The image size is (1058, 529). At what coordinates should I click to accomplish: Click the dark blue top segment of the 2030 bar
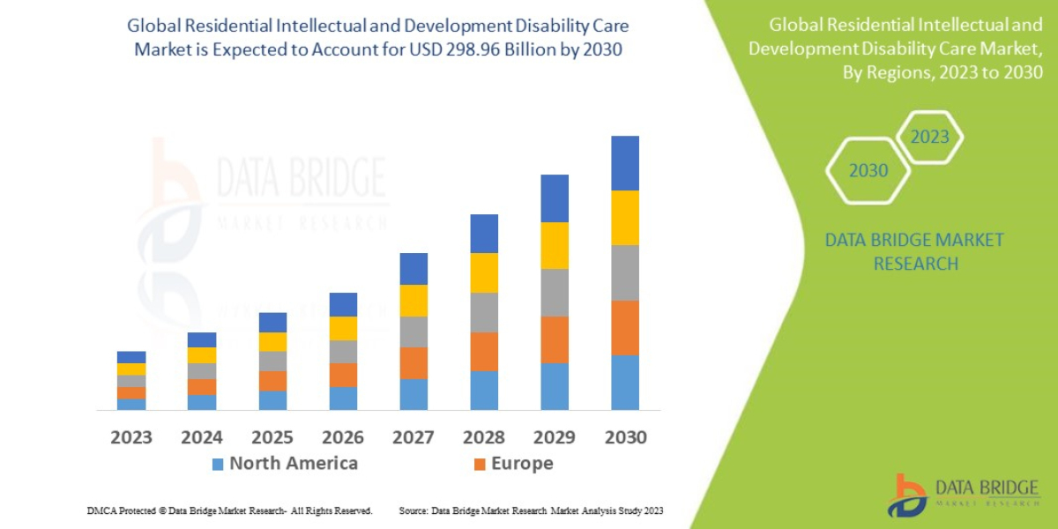[625, 163]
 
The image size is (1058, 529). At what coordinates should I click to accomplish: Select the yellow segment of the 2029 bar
[555, 245]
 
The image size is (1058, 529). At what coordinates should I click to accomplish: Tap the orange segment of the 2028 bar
[484, 351]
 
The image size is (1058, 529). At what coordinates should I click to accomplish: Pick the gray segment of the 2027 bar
[414, 332]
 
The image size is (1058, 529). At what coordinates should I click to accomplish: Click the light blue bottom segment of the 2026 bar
[343, 399]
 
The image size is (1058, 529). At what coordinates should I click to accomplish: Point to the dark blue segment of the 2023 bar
[131, 357]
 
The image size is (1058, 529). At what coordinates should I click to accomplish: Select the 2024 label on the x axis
[202, 437]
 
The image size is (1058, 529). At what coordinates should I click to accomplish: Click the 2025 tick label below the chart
[272, 437]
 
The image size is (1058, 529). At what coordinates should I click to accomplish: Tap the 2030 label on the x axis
[625, 437]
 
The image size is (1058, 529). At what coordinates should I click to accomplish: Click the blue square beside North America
[218, 464]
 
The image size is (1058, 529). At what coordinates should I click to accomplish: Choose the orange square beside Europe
[480, 464]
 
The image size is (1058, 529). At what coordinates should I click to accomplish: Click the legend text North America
[294, 464]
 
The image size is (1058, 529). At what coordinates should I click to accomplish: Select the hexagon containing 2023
[929, 137]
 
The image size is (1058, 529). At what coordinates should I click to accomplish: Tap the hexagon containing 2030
[868, 170]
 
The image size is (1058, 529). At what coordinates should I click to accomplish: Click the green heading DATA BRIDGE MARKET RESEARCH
[914, 251]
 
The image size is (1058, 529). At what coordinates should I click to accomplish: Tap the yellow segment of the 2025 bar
[272, 341]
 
